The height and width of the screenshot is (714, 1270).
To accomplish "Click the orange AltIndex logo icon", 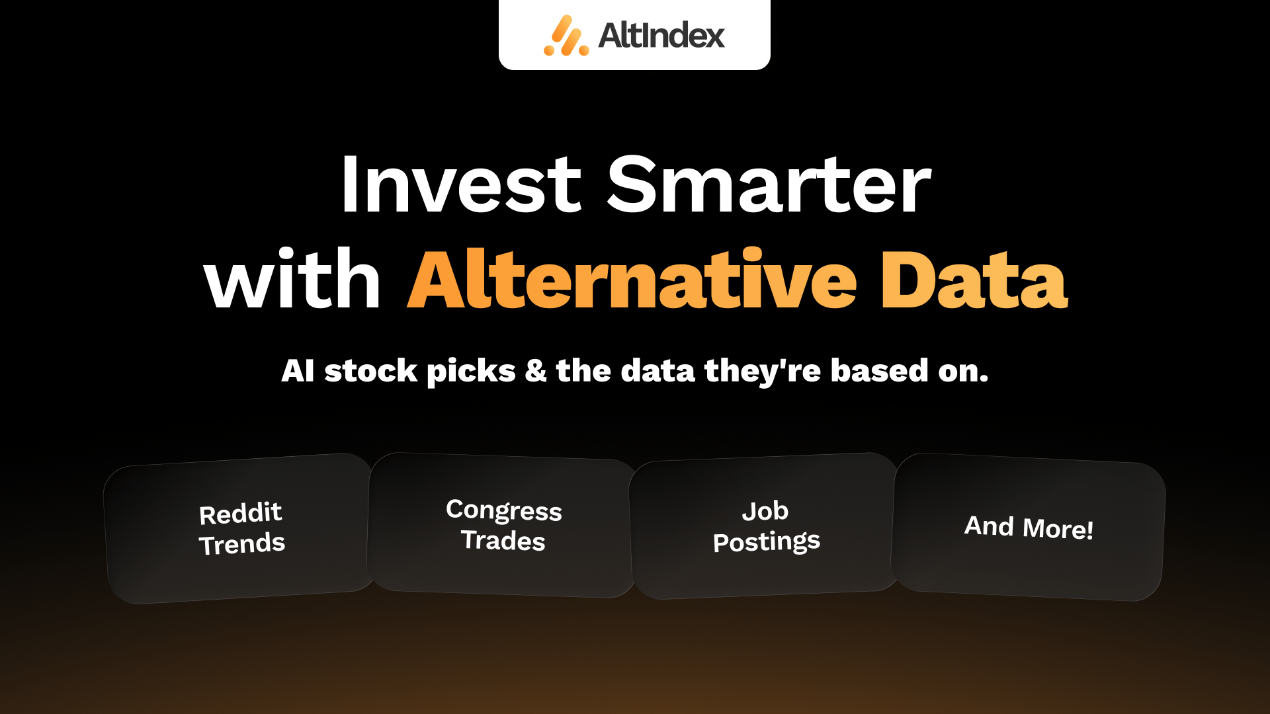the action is (566, 36).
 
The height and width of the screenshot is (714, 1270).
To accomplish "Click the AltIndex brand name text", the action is (661, 35).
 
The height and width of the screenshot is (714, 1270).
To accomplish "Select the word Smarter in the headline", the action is (769, 184).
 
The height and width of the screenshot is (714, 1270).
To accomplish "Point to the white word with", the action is (292, 278).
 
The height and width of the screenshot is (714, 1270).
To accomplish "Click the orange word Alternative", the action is (632, 279).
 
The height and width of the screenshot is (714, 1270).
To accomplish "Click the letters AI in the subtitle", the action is (298, 371).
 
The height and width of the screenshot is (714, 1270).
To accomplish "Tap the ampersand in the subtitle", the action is (536, 371).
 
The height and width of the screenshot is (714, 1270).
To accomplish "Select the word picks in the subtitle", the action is (471, 372).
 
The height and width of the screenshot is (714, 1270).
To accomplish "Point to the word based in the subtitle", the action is (880, 371).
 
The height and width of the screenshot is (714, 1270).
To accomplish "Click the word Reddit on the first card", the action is (241, 514).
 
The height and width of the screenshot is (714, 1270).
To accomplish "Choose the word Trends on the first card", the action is (242, 544).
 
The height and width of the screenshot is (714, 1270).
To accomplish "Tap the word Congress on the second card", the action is (504, 510).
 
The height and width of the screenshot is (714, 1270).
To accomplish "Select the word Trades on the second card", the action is (503, 540).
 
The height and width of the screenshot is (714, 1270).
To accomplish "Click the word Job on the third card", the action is (765, 511).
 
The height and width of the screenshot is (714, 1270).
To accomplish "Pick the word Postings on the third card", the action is (767, 542).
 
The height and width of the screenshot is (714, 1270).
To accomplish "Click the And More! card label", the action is (1029, 527).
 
